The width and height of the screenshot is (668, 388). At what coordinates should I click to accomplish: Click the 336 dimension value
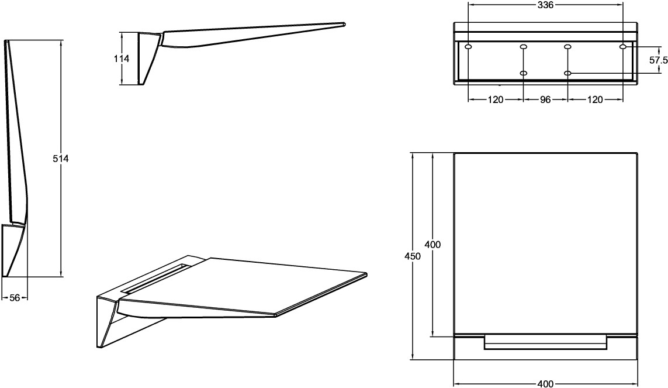tap(545, 5)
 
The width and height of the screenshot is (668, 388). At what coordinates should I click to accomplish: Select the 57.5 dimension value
tap(658, 60)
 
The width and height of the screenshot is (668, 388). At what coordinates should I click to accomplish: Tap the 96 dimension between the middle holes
tap(545, 99)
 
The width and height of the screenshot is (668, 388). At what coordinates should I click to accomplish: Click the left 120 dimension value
tap(496, 99)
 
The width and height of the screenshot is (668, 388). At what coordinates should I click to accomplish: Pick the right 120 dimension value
tap(595, 99)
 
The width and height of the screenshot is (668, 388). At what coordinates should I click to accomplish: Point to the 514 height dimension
tap(61, 159)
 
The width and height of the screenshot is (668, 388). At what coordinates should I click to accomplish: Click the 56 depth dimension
tap(15, 298)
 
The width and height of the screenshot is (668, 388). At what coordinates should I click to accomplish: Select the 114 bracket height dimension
tap(122, 59)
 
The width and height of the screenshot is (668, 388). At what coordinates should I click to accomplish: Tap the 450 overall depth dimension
tap(413, 256)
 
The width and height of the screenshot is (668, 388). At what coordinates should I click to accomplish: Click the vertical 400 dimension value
tap(433, 245)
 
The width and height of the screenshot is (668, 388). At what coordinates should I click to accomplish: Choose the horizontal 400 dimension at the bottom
tap(545, 384)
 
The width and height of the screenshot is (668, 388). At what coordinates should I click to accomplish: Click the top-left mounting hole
tap(468, 46)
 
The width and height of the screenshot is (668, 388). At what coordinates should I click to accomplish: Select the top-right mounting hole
tap(623, 46)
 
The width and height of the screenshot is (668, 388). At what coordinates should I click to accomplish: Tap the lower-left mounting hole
tap(524, 73)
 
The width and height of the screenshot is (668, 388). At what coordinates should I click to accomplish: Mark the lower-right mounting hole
tap(567, 73)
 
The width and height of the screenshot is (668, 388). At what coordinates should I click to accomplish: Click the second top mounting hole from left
tap(524, 46)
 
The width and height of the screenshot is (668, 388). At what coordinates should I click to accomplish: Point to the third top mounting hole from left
tap(567, 46)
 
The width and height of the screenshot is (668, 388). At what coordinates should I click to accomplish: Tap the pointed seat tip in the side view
tap(344, 25)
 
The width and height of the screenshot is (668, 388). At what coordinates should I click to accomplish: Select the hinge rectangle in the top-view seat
tap(545, 342)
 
